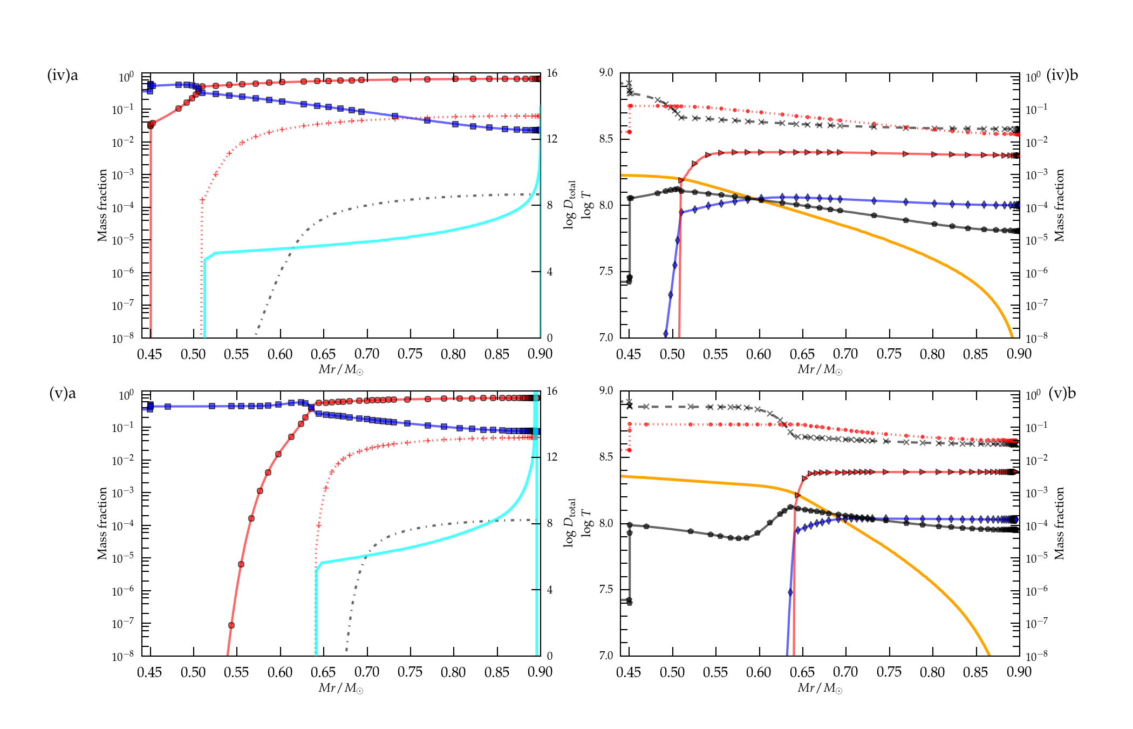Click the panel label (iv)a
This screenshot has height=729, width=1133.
tap(63, 75)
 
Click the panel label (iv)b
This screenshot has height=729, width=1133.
tap(1062, 75)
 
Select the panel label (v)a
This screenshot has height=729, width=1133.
tap(63, 393)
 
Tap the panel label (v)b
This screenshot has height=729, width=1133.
tap(1062, 393)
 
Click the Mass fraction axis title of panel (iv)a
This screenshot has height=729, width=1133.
tap(102, 205)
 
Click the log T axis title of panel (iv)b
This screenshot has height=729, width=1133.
tap(586, 205)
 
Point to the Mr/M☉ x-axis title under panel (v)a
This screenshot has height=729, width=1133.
tap(340, 688)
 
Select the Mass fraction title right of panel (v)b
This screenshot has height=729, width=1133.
tap(1059, 523)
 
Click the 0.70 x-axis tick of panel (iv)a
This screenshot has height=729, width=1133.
tap(366, 354)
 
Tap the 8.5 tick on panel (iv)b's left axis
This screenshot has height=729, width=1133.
tap(606, 139)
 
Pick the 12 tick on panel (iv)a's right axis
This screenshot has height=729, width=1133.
tap(551, 139)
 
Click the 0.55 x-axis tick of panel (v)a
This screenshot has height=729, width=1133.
tap(236, 672)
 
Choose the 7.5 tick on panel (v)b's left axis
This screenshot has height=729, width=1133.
tap(606, 589)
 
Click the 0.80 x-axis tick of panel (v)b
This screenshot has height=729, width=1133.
tap(932, 672)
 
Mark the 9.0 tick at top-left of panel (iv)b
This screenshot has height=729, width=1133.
tap(606, 72)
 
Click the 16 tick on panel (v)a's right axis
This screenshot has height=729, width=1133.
tap(551, 391)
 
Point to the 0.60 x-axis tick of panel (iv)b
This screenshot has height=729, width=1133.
tap(759, 354)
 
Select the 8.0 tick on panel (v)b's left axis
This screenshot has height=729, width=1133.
tap(606, 523)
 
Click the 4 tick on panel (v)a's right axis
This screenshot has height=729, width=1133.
tap(549, 590)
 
